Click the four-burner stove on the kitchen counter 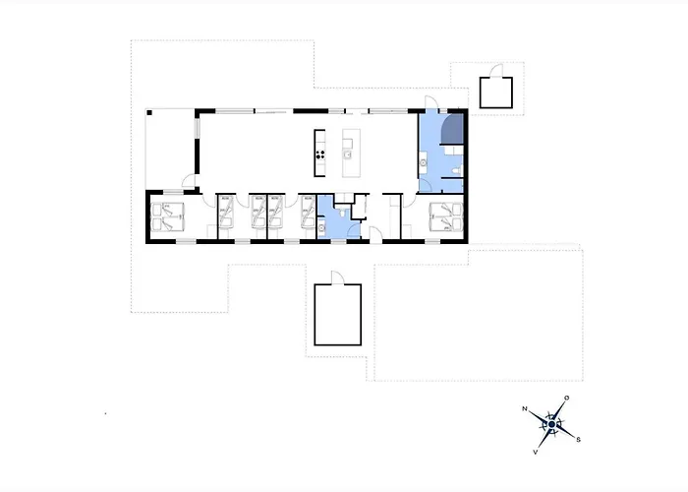(320, 154)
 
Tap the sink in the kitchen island (348, 154)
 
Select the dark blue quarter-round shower (452, 129)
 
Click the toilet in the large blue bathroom (457, 170)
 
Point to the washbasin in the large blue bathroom (424, 163)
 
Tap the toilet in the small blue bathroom (342, 213)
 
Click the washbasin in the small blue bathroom (321, 228)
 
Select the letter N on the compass (524, 409)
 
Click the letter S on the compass (578, 439)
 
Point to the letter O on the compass (566, 398)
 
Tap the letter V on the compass (536, 452)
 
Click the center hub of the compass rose (551, 424)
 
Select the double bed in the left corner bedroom (167, 216)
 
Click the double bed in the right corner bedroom (446, 216)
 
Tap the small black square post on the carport (149, 113)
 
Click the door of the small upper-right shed (496, 71)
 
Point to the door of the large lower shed (338, 278)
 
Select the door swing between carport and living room (189, 180)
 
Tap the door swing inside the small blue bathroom (354, 231)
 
